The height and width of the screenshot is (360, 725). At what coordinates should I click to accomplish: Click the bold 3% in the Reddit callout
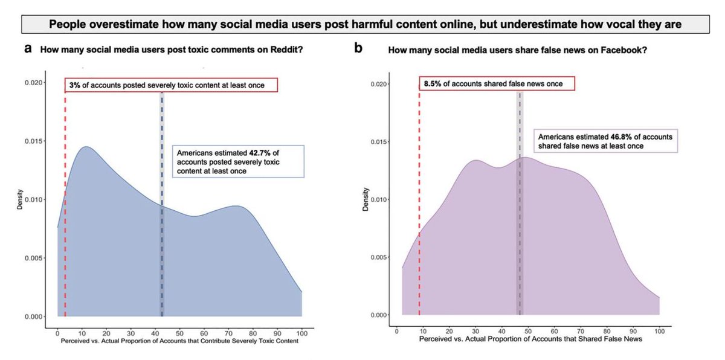coord(74,85)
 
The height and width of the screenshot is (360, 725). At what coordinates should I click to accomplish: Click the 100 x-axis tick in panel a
coord(301,333)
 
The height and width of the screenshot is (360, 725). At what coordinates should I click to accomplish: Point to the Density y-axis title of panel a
coord(19,200)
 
